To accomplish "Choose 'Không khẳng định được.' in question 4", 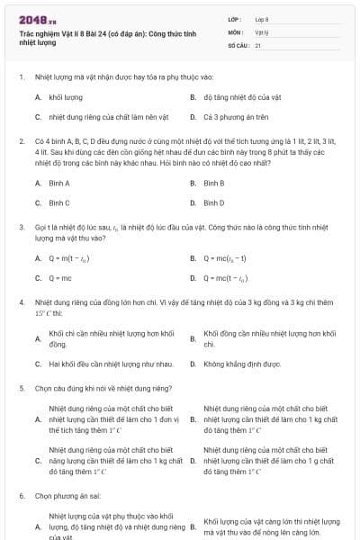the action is coord(236,364).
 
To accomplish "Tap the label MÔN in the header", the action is coord(236,31).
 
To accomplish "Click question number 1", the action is coord(21,76).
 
